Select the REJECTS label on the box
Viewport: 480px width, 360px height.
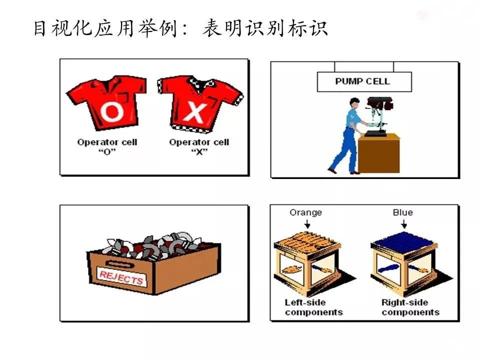point(121,278)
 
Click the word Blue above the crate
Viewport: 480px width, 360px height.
point(402,212)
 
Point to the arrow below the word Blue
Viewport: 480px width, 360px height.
point(403,224)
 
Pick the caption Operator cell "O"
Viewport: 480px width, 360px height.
point(107,146)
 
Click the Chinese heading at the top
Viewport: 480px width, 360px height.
point(180,28)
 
